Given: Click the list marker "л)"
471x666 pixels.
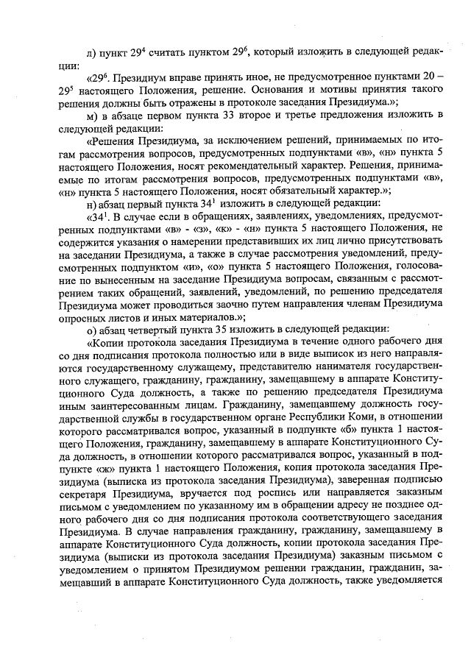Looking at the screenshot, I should click(x=91, y=52).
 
